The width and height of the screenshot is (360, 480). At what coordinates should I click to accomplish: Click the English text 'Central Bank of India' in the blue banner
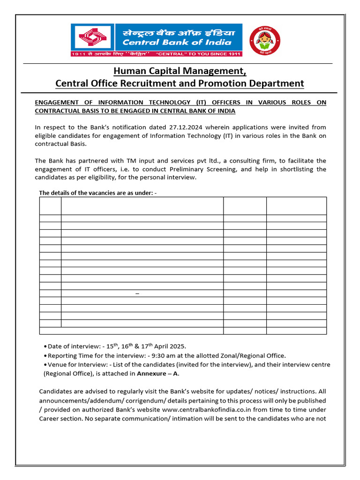coord(177,42)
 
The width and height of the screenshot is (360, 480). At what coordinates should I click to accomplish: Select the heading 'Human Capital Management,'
coord(180,71)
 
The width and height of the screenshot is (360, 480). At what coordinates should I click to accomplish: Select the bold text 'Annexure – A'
coord(157,374)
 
